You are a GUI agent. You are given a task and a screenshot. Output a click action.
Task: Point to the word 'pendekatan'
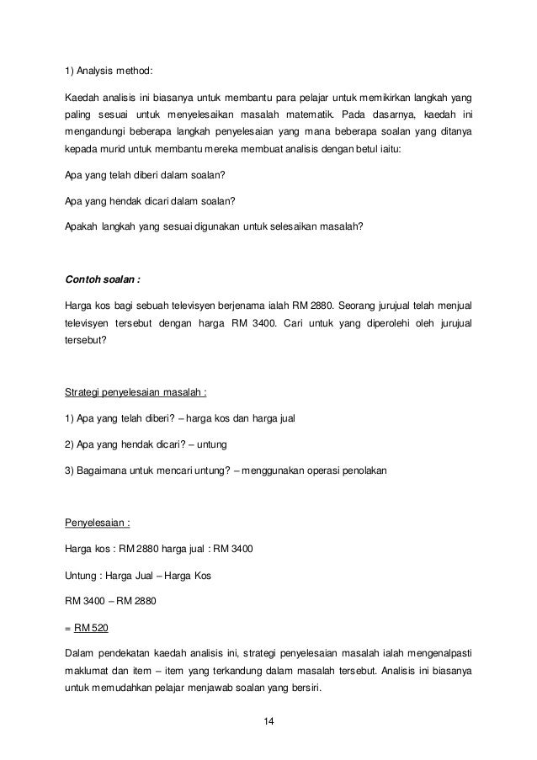[137, 653]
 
